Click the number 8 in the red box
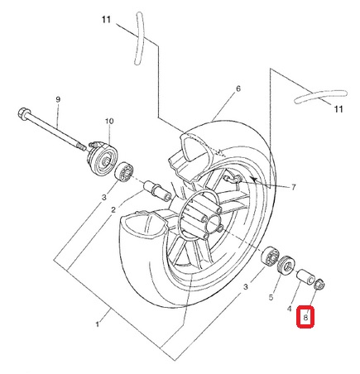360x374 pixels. (305, 318)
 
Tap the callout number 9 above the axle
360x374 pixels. (58, 99)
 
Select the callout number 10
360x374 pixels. (109, 121)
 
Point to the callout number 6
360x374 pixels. (238, 89)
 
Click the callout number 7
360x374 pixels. (293, 188)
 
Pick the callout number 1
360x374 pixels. (97, 324)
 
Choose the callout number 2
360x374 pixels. (113, 210)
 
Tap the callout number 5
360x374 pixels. (271, 297)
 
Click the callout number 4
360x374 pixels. (289, 309)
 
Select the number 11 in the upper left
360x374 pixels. (106, 20)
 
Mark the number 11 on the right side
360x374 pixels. (338, 109)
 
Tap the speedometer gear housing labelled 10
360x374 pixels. (103, 160)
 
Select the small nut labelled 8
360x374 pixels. (320, 285)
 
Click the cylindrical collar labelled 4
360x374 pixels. (305, 276)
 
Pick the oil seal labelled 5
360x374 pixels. (286, 265)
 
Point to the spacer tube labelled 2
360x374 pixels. (156, 191)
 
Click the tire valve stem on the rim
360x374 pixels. (233, 179)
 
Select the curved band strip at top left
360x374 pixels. (138, 39)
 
